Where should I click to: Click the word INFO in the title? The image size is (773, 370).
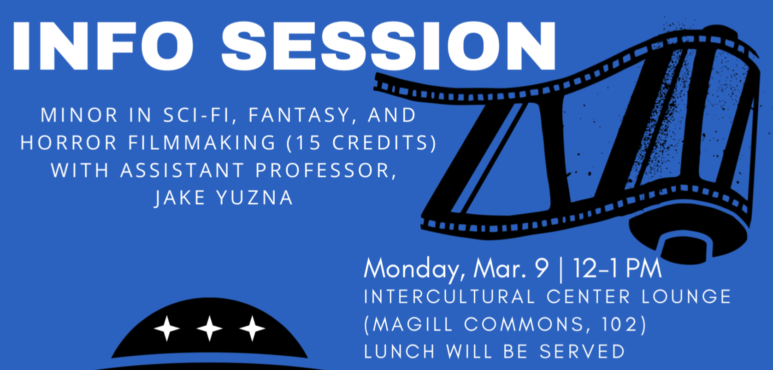click(x=103, y=46)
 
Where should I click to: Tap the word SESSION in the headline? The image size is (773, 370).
click(x=389, y=46)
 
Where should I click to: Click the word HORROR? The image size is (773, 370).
click(x=69, y=143)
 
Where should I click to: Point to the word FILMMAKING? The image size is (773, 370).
click(x=202, y=143)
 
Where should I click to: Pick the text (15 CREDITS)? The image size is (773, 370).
click(x=362, y=143)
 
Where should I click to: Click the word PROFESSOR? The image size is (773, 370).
click(x=326, y=170)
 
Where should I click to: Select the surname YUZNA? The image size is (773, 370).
click(x=255, y=198)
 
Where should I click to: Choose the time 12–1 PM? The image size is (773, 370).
click(x=617, y=268)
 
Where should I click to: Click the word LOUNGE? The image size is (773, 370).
click(x=686, y=297)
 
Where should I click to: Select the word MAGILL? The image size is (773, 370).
click(x=413, y=324)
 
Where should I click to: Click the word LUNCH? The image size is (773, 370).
click(x=399, y=352)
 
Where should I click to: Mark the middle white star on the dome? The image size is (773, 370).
click(x=210, y=329)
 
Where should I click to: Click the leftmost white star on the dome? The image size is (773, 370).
click(x=167, y=329)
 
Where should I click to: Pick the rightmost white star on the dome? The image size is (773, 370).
click(x=253, y=329)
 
